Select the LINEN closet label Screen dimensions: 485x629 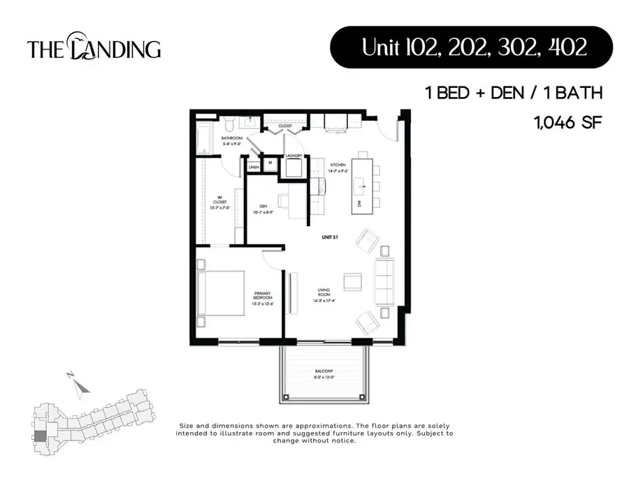pos(254,167)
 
